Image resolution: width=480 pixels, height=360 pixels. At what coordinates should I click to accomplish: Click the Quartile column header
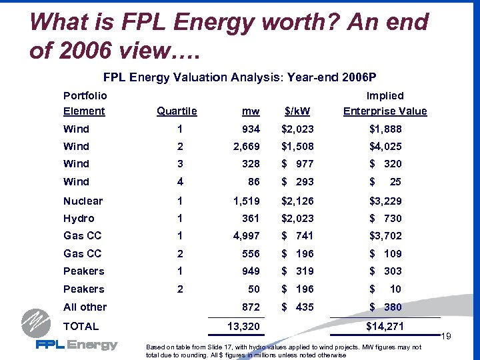[176, 111]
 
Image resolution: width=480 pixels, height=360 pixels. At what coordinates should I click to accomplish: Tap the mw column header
[251, 111]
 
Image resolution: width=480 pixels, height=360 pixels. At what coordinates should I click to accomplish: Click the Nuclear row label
[83, 201]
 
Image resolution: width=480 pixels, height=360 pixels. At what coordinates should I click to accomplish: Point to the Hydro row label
[79, 218]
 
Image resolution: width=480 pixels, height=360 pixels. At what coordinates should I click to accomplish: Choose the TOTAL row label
[81, 326]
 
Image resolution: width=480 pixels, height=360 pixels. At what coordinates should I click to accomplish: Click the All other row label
[85, 307]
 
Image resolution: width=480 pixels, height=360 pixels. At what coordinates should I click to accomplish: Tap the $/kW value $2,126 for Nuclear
[297, 201]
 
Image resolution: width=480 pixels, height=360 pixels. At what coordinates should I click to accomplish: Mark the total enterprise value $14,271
[385, 326]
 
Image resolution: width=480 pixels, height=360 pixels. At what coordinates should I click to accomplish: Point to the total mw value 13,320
[240, 326]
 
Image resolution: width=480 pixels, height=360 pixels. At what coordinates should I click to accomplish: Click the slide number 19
[466, 337]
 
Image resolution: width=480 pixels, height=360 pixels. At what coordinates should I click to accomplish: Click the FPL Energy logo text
[77, 345]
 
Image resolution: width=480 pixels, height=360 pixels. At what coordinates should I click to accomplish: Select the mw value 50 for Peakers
[253, 289]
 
